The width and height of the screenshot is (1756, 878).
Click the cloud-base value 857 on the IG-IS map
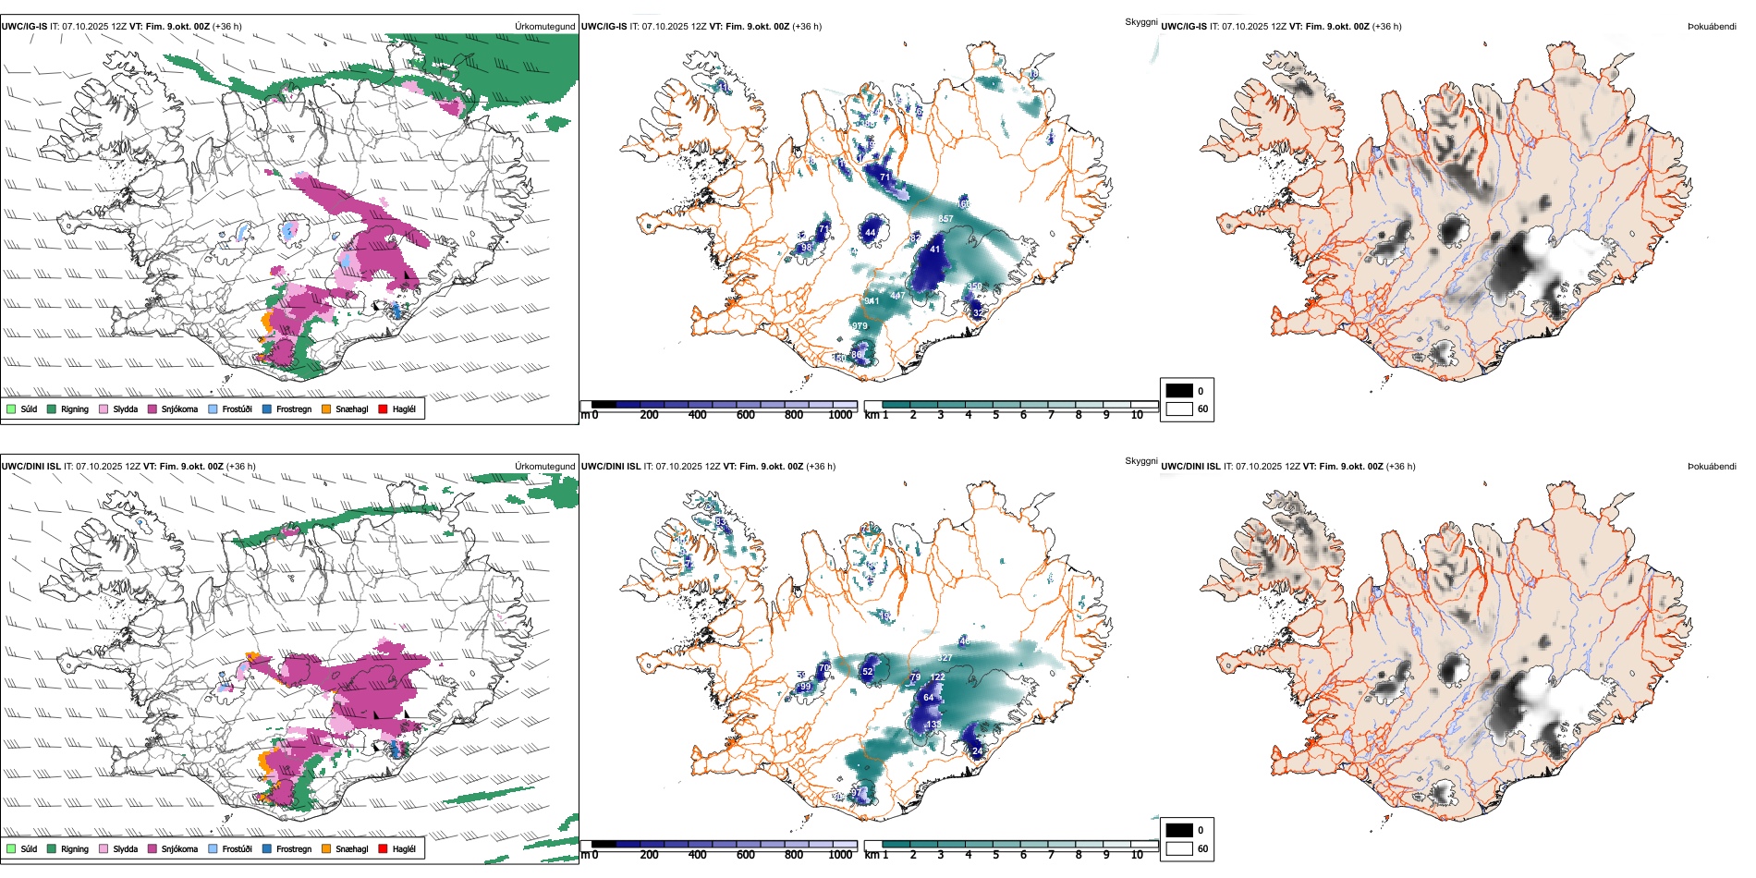click(x=945, y=219)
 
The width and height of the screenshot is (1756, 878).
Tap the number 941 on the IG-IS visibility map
click(x=872, y=301)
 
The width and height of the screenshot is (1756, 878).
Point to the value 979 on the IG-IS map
click(x=860, y=326)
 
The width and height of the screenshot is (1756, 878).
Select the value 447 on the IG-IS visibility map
click(x=897, y=296)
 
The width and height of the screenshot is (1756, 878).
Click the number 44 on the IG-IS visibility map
click(x=870, y=233)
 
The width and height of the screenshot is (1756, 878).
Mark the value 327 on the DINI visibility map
click(x=945, y=658)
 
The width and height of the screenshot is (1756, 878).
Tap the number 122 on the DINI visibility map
click(x=938, y=677)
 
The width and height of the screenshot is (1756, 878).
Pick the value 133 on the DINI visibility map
click(x=933, y=725)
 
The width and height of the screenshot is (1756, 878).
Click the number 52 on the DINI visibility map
click(x=867, y=672)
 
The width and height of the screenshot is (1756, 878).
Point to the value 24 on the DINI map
click(x=978, y=751)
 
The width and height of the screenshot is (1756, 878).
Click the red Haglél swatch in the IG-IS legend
click(x=383, y=409)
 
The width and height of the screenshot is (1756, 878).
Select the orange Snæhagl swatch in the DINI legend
click(x=326, y=848)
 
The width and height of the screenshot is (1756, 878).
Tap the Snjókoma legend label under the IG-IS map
click(x=179, y=409)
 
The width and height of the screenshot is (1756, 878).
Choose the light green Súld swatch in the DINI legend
click(x=11, y=848)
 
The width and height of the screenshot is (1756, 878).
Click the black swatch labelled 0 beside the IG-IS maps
click(x=1179, y=391)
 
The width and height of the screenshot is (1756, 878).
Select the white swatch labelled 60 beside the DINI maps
click(x=1179, y=848)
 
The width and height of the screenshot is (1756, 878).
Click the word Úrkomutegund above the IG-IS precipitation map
click(x=544, y=27)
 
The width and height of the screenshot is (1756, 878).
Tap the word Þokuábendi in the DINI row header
click(x=1712, y=467)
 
